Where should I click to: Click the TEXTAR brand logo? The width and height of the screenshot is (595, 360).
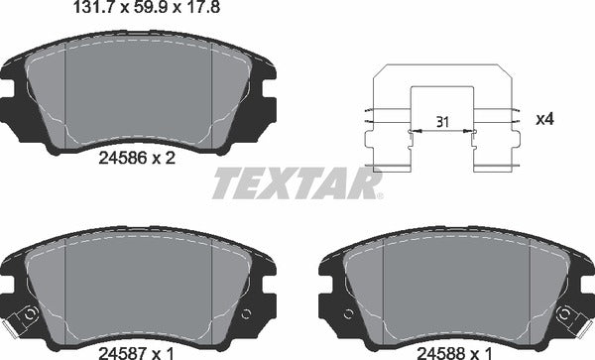296,183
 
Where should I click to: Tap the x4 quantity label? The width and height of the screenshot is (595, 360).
544,119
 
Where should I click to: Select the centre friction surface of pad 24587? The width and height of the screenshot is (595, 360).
138,288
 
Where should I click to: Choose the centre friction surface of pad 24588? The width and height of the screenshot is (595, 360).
456,288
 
